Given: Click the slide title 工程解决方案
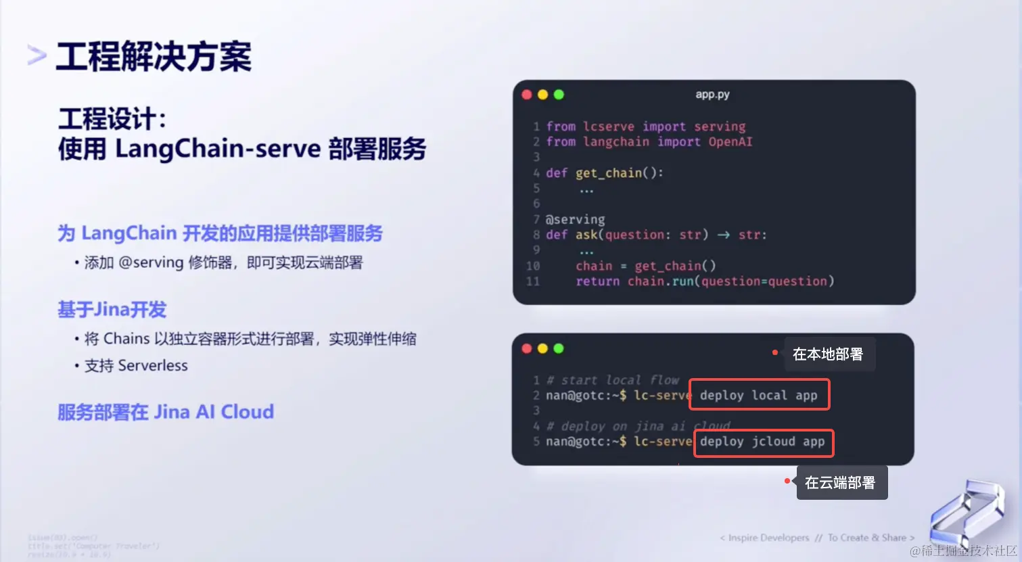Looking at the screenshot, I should [x=154, y=57].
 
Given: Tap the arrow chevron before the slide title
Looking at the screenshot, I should [x=37, y=55].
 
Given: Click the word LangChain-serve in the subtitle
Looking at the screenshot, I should [x=218, y=149].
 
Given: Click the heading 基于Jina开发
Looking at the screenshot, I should [x=112, y=310].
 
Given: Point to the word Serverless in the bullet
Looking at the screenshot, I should [x=153, y=366].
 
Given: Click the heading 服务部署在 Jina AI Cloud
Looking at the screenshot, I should [x=166, y=412].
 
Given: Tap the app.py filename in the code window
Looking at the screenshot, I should [x=712, y=95].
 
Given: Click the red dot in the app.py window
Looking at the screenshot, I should [x=527, y=95].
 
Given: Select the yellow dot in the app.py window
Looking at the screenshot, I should [x=542, y=95].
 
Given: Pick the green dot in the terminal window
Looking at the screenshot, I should [x=559, y=348].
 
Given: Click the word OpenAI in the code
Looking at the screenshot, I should [x=730, y=142].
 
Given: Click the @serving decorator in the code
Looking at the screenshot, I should [x=575, y=219].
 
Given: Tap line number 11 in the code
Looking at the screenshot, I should [x=533, y=281].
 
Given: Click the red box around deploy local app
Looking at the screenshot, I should [x=759, y=395].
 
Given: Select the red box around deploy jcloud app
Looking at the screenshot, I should [x=764, y=443].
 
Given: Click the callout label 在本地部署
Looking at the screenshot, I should [x=828, y=354].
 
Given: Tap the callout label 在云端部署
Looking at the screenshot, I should [x=840, y=483].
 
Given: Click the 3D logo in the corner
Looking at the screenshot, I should [x=965, y=514].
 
